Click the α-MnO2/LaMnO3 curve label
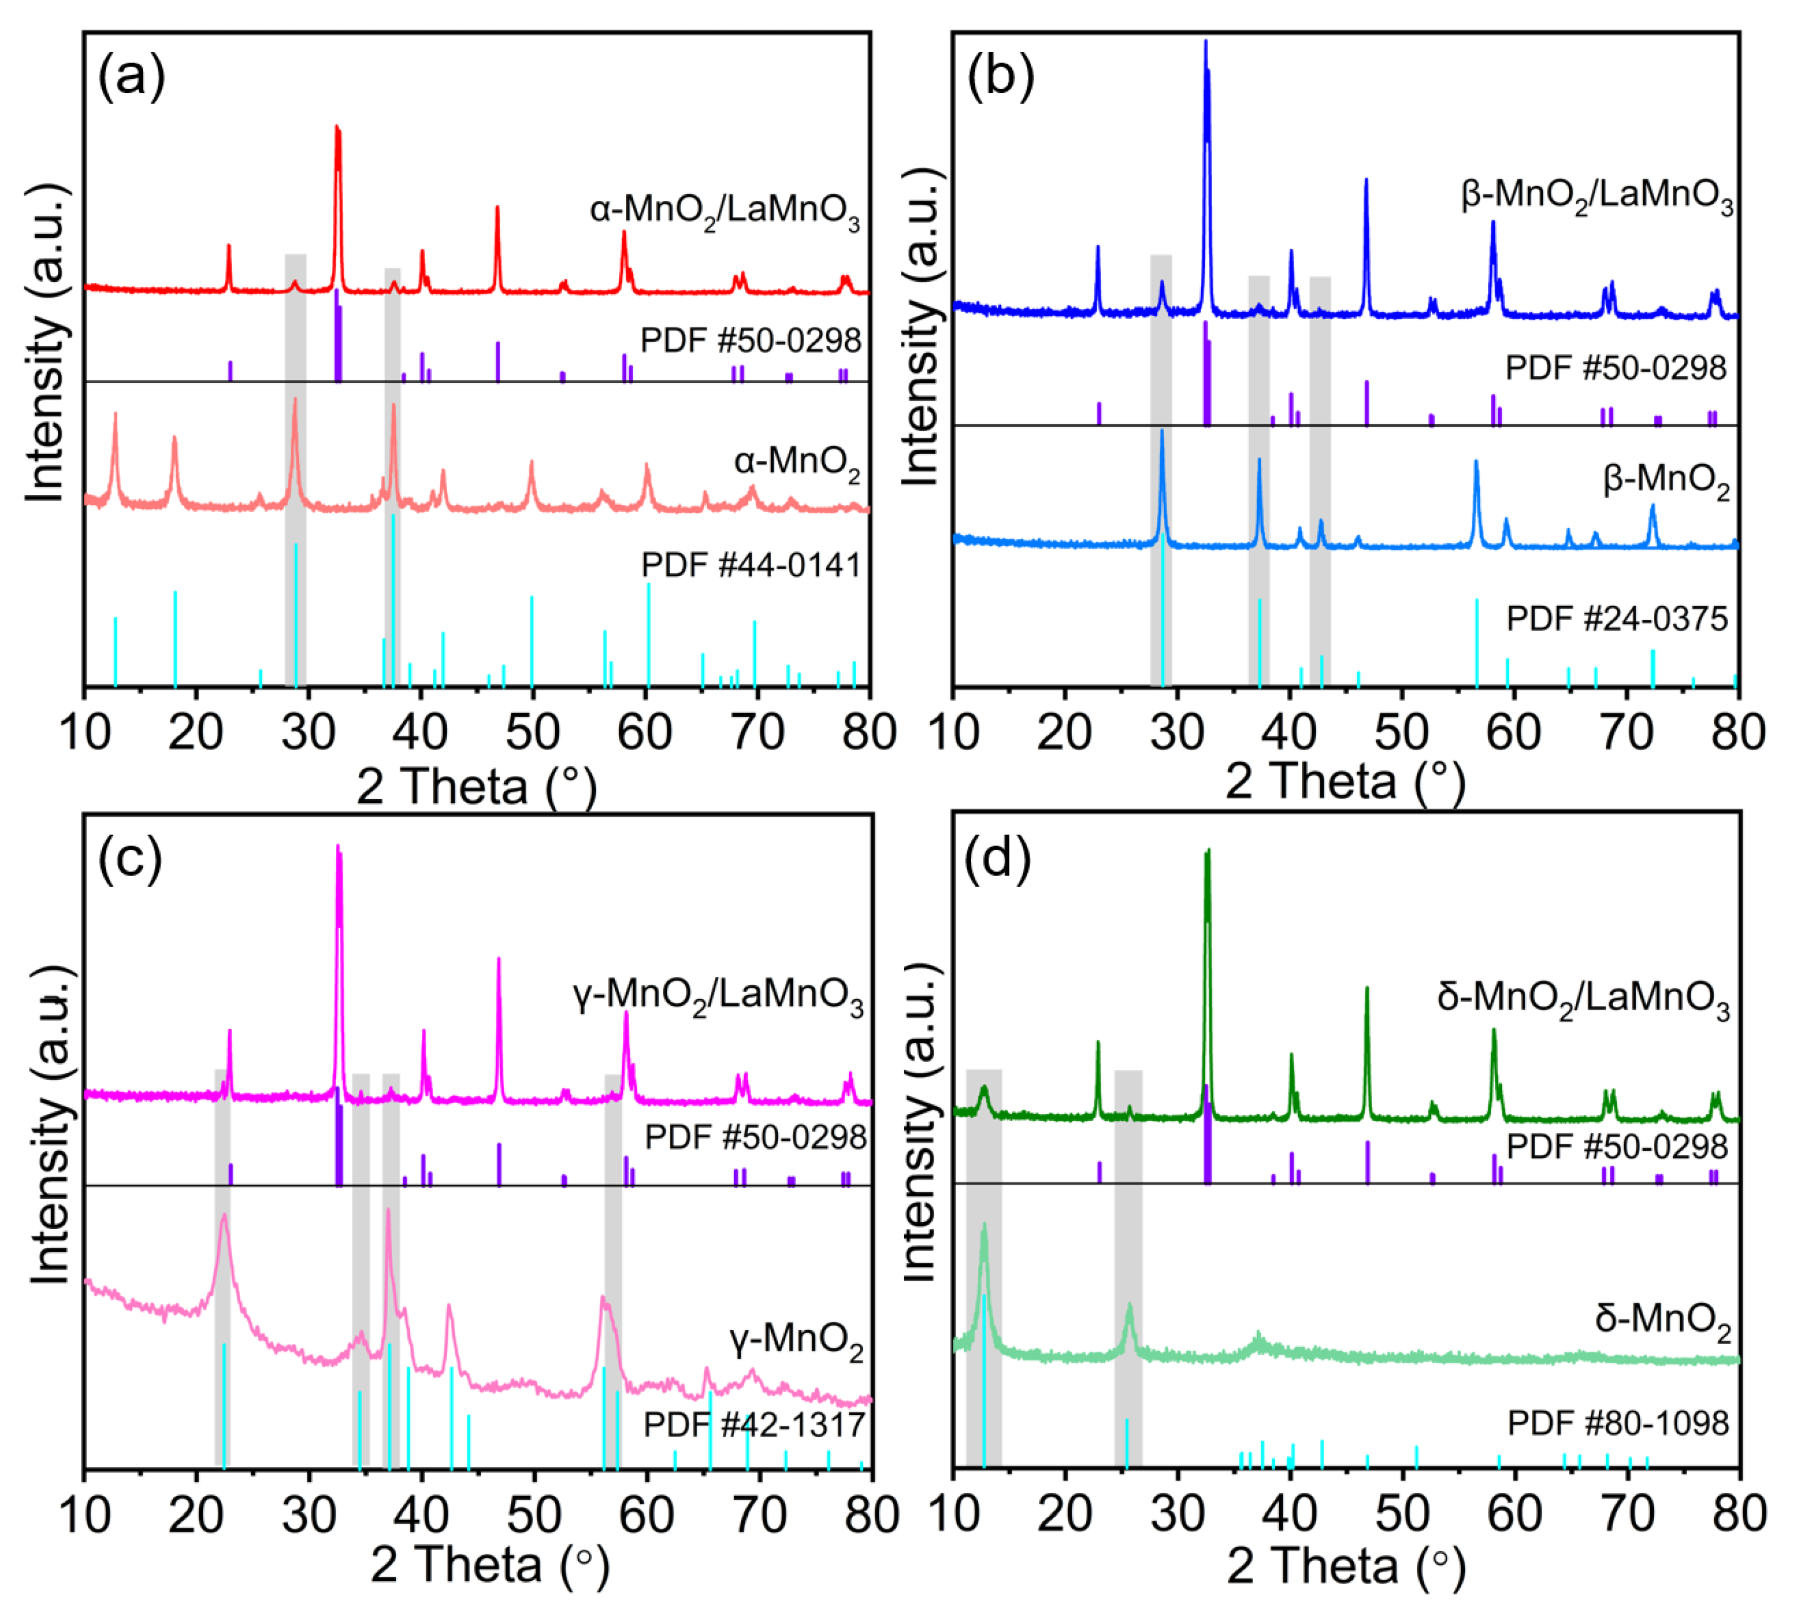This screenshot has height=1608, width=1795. coord(724,213)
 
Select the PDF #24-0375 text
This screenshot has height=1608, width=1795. coord(1616,619)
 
